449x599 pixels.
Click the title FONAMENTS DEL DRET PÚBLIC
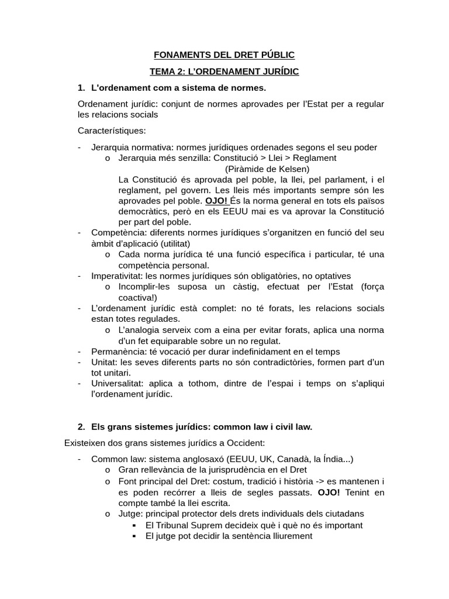tap(224, 55)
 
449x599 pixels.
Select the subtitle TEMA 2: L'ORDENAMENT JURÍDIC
tap(224, 71)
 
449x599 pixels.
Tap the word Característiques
tap(112, 130)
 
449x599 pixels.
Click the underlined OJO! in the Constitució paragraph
tap(216, 201)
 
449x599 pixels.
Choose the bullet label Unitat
tap(103, 363)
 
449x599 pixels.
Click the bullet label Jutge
tap(129, 514)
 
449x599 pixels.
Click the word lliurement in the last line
tap(290, 536)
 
